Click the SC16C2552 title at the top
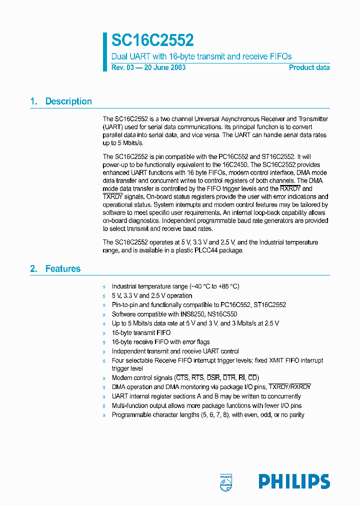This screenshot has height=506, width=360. tap(152, 40)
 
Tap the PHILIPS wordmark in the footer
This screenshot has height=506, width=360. tap(294, 481)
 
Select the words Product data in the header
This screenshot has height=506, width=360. tap(309, 67)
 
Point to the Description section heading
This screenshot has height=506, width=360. tap(68, 101)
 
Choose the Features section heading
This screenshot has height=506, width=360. tap(62, 269)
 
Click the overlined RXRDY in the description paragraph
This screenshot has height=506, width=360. tap(290, 189)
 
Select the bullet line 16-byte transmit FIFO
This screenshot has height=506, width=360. tap(141, 333)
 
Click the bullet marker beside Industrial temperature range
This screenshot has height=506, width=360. tap(104, 287)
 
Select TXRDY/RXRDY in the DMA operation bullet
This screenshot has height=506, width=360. tap(289, 387)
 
